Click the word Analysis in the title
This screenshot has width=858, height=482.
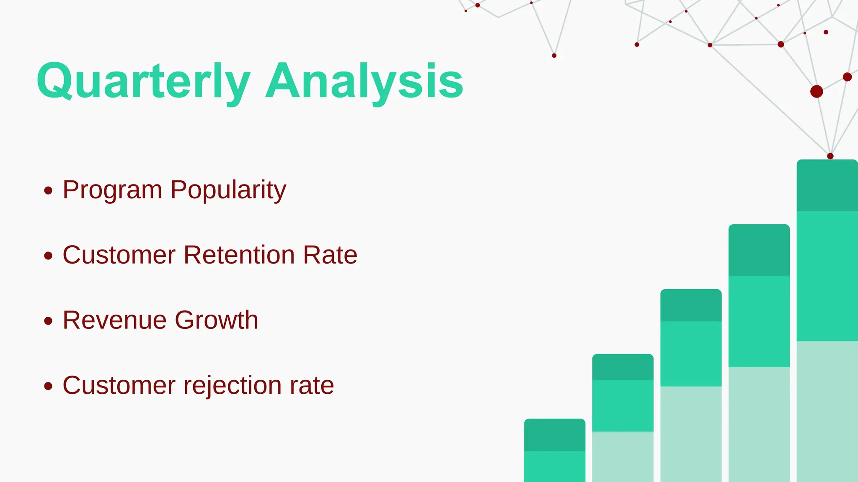[x=364, y=81]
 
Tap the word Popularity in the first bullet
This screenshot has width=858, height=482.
[x=228, y=190]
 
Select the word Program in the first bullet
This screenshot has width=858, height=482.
[x=112, y=190]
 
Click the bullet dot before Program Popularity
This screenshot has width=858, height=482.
[x=48, y=191]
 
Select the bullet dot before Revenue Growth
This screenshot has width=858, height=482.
[x=48, y=321]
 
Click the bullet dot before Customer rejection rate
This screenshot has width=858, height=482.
[x=48, y=386]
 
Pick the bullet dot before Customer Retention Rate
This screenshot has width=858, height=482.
[x=48, y=256]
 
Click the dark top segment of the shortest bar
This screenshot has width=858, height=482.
[x=554, y=435]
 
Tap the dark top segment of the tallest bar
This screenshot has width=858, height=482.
[x=827, y=186]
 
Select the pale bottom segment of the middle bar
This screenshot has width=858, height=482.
[x=691, y=433]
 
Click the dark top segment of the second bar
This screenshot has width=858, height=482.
[x=623, y=367]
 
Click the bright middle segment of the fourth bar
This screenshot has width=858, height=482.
[x=759, y=321]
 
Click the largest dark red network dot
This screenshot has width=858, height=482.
[x=817, y=91]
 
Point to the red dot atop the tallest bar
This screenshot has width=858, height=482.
[x=830, y=156]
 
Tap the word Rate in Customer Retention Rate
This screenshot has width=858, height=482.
[x=330, y=255]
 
